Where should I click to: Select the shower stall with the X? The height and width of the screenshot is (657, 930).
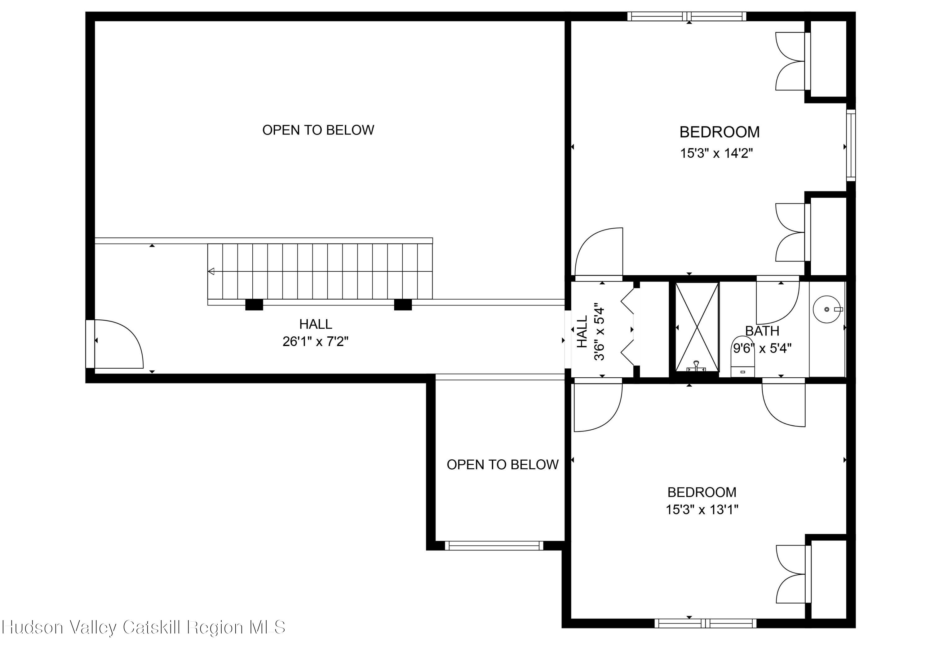click(697, 327)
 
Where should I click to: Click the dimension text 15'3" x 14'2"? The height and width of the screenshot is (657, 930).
click(716, 153)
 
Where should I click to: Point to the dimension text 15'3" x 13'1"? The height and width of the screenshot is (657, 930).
click(702, 510)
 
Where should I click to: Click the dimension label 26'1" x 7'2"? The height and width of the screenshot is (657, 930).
click(316, 342)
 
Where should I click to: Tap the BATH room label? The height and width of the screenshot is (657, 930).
click(762, 331)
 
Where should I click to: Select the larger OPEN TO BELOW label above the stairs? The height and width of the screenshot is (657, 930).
click(318, 130)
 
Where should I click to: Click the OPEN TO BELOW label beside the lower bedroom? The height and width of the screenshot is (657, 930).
click(502, 465)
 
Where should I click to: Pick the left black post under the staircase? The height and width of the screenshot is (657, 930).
click(254, 304)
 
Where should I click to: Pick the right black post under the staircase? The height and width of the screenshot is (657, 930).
click(403, 304)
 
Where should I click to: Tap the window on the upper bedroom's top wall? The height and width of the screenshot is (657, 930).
click(687, 16)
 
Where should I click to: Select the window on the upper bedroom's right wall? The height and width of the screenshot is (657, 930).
click(851, 145)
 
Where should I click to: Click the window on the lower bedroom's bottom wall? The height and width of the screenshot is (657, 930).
click(705, 623)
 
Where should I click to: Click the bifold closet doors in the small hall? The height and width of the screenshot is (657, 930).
click(627, 327)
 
